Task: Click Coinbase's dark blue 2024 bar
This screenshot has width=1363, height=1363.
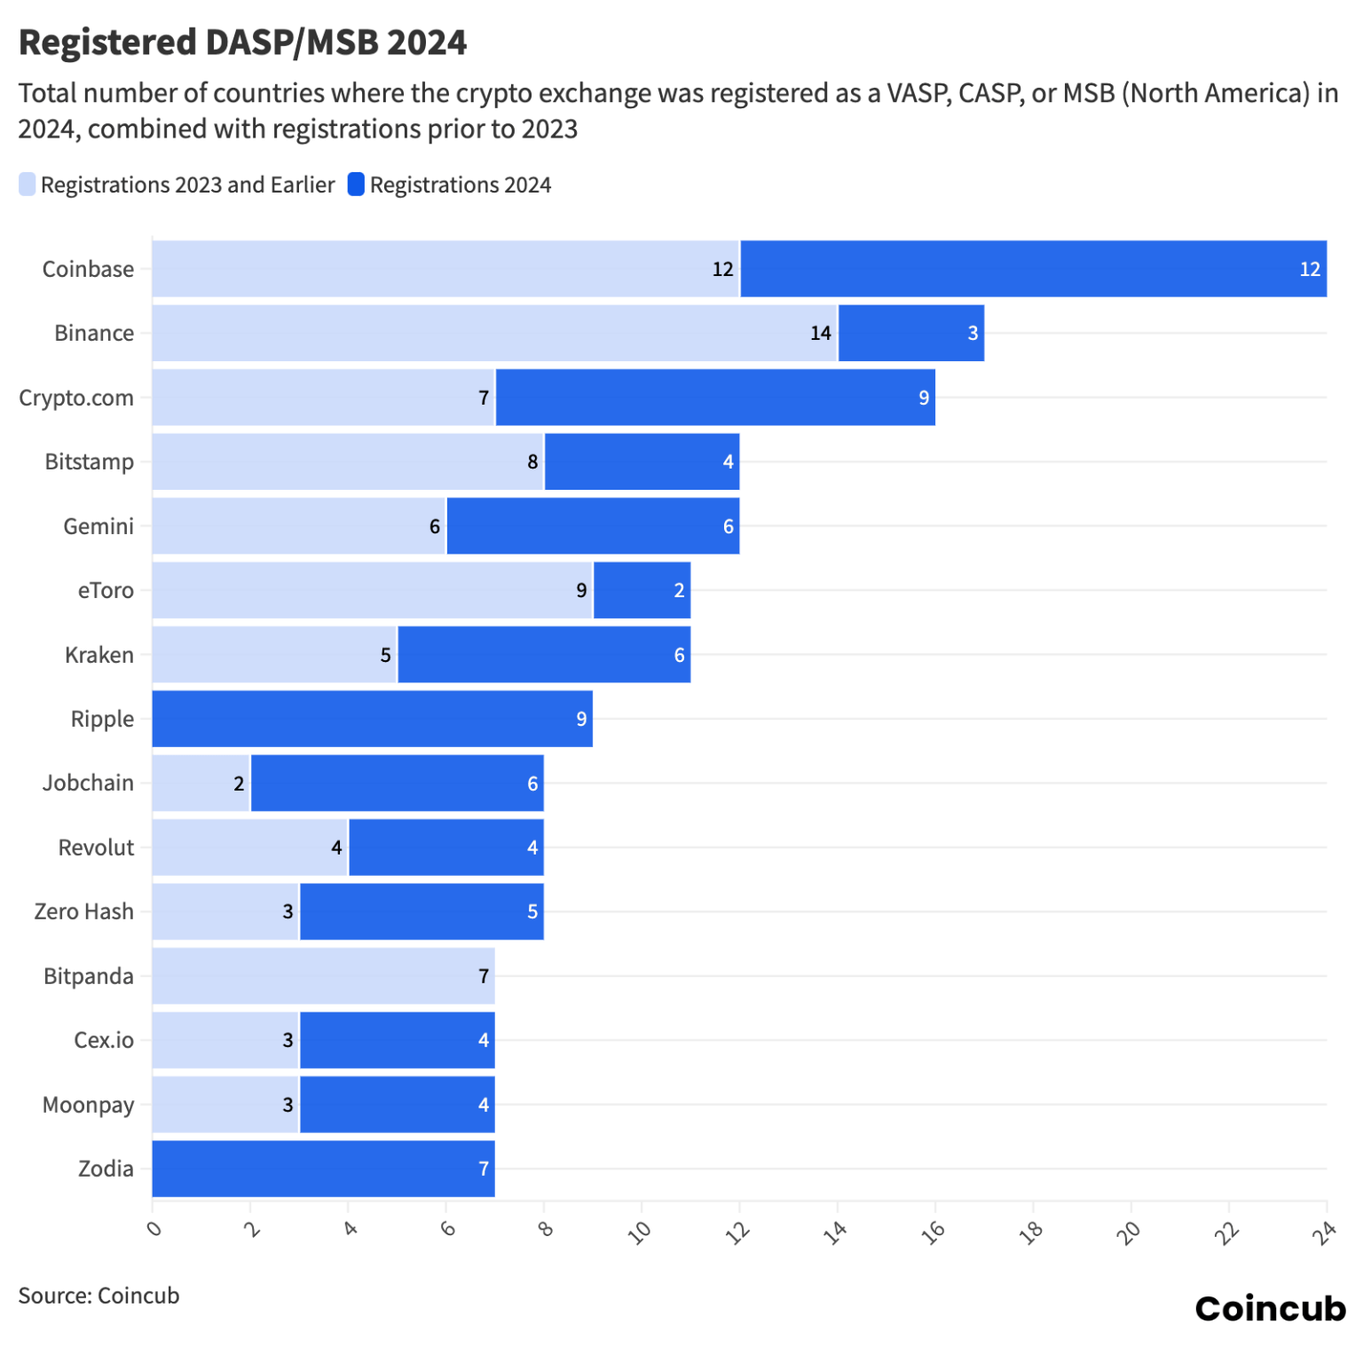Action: [1033, 269]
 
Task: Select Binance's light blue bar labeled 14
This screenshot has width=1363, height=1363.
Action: [494, 333]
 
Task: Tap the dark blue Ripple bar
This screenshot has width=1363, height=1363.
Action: [372, 719]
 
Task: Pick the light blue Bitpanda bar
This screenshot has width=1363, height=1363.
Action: [323, 976]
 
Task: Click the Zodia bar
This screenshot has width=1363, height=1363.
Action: [323, 1169]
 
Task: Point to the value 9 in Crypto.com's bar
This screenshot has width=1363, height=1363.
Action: [924, 398]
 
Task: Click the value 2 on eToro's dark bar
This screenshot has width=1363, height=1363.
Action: [679, 590]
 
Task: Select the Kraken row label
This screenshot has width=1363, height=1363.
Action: [98, 655]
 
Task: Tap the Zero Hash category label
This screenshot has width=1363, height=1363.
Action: [83, 911]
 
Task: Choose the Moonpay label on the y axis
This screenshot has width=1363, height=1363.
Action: [88, 1105]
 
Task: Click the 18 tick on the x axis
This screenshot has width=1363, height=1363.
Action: [1031, 1231]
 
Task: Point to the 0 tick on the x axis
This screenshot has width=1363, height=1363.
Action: [154, 1229]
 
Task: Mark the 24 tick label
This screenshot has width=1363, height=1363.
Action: [1324, 1231]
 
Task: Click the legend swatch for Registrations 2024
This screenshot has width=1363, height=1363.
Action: [356, 185]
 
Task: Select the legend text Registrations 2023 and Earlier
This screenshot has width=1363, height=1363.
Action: [187, 185]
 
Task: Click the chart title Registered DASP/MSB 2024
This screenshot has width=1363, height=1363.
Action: [242, 43]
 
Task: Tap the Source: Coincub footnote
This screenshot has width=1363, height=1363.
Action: [98, 1296]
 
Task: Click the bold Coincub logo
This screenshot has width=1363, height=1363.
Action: [1269, 1308]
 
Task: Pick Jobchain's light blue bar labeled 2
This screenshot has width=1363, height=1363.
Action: [201, 784]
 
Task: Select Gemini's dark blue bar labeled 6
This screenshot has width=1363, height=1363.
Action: [593, 526]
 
